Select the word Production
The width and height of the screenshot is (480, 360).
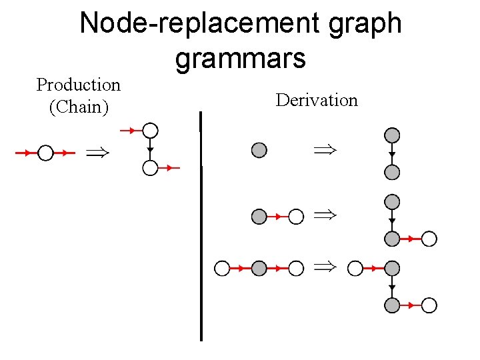(x=78, y=85)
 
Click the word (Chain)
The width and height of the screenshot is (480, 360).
(x=79, y=107)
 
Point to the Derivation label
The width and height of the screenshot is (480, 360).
(x=317, y=100)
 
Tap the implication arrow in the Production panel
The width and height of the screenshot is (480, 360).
(x=97, y=153)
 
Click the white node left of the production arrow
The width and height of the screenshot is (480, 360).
(x=45, y=153)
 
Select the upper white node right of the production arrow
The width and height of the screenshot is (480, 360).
(x=151, y=130)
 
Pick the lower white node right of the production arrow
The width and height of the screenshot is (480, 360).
(x=151, y=168)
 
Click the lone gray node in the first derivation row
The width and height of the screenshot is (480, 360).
(x=259, y=150)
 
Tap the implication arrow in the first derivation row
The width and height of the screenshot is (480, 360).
(x=325, y=150)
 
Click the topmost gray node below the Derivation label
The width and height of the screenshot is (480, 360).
(x=393, y=135)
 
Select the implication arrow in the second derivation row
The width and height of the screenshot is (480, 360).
(x=325, y=216)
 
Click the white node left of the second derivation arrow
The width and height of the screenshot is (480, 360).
(x=296, y=216)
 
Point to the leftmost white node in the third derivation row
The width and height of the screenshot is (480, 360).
(x=221, y=268)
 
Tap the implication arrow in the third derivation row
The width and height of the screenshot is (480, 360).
(x=325, y=268)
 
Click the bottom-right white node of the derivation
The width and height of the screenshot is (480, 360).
(x=430, y=305)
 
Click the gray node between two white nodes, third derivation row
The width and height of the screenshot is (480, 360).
(x=259, y=268)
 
